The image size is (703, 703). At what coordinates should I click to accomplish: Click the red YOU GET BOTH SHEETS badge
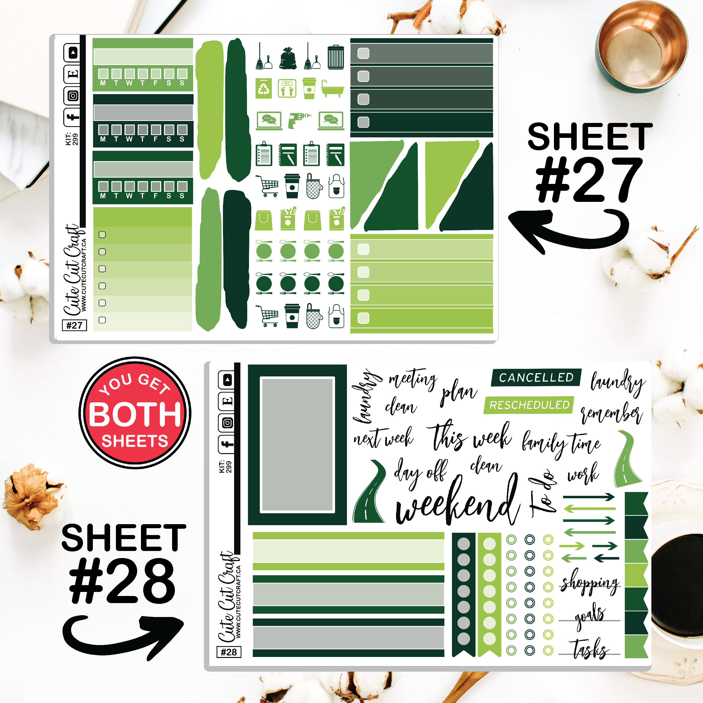(135, 412)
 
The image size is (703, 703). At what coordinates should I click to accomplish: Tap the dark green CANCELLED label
(536, 378)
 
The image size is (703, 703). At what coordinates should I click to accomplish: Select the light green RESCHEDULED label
(529, 405)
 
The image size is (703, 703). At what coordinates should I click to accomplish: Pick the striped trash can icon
(336, 57)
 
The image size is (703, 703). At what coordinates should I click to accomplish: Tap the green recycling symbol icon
(264, 89)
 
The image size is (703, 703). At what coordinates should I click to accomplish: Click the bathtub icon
(332, 89)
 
